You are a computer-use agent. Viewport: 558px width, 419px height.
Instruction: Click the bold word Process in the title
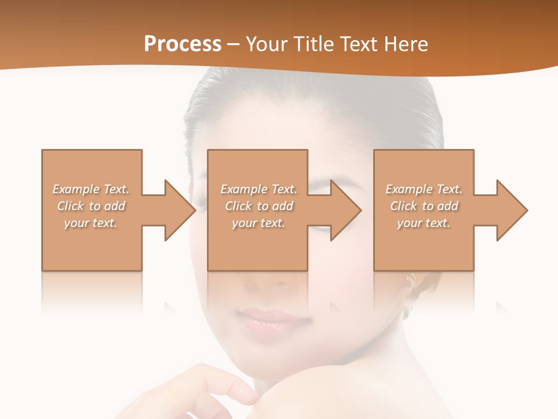(183, 44)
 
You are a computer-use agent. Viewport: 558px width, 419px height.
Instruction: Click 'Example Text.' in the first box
(91, 189)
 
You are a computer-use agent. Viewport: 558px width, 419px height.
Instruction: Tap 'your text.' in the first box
(91, 223)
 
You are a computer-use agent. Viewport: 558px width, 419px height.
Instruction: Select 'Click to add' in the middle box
(259, 206)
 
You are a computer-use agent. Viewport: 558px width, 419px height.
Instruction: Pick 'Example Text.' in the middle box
(259, 189)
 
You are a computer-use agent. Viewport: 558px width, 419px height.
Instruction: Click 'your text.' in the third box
(424, 223)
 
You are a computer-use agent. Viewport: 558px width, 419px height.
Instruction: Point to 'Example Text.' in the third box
(424, 189)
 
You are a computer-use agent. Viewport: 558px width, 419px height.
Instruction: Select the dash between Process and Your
(234, 44)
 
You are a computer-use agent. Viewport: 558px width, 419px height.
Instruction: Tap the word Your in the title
(267, 44)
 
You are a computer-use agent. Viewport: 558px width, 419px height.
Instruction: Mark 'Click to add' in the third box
(424, 206)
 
